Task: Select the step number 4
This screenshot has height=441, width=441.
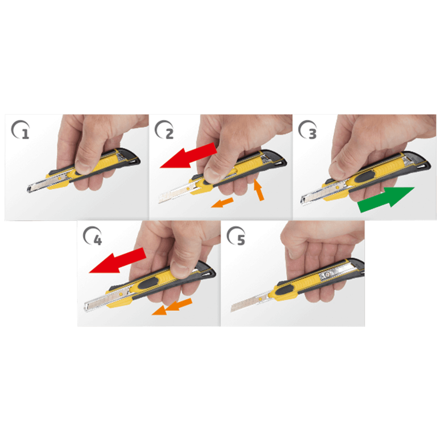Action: [97, 240]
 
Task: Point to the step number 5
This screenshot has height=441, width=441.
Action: [241, 240]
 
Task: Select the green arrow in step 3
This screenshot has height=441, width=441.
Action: [386, 200]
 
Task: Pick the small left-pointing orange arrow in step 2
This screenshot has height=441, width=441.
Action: [222, 203]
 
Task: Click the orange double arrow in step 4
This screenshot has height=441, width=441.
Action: [172, 307]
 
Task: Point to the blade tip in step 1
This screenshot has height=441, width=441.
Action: [28, 189]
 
